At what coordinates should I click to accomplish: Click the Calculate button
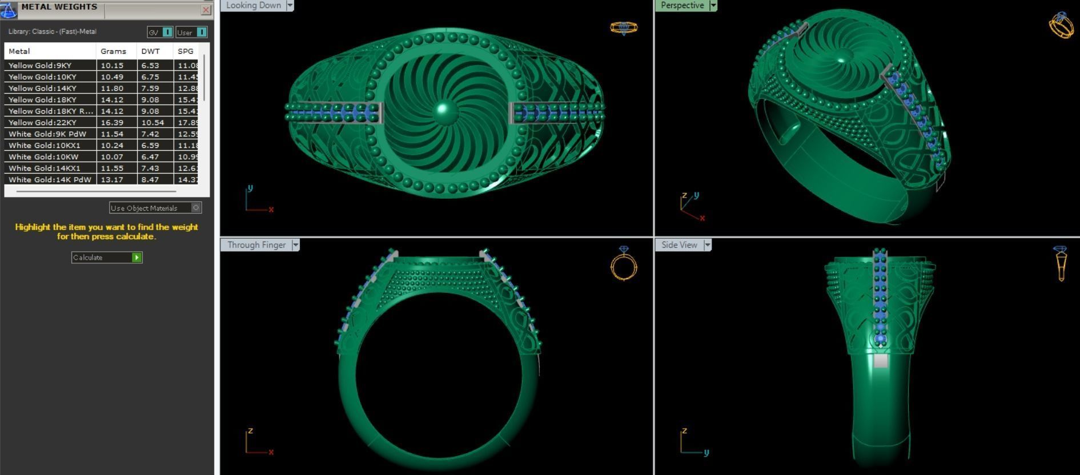tap(106, 257)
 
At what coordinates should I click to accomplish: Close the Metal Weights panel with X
tap(206, 10)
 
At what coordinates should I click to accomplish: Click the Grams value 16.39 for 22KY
tap(112, 122)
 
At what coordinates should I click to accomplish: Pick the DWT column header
tap(151, 51)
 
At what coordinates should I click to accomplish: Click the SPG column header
tap(186, 51)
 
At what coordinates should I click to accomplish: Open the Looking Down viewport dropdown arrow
tap(290, 6)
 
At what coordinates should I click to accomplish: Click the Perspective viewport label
tap(682, 6)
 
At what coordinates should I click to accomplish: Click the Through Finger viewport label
tap(256, 245)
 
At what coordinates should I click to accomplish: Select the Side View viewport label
tap(679, 245)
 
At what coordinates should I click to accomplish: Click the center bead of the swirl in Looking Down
tap(444, 112)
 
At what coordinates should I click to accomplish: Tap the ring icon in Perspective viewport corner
tap(1061, 25)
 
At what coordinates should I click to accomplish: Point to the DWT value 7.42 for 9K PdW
tap(150, 134)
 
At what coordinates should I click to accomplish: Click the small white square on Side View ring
tap(881, 360)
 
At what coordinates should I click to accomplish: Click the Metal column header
tap(19, 51)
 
